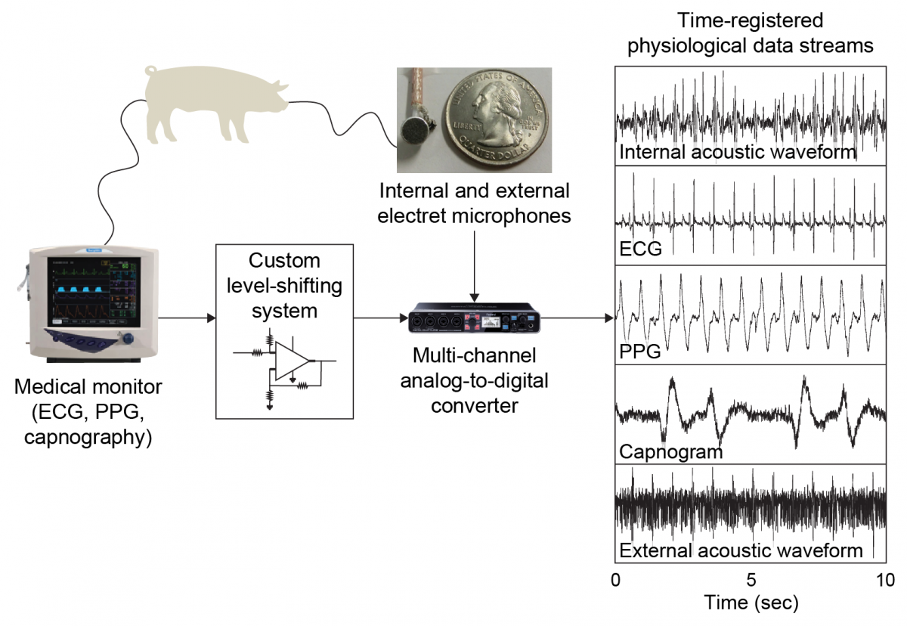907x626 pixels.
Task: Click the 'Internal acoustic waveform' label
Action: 737,152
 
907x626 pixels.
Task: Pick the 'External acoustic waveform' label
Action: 741,550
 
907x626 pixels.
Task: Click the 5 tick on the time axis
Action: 751,581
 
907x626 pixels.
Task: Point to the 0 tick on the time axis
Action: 616,581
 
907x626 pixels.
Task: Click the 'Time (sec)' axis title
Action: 751,603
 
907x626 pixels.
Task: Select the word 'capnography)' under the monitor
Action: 88,436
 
